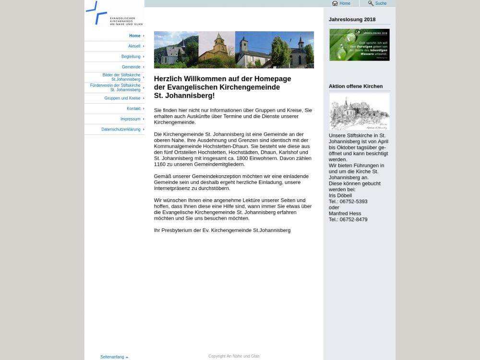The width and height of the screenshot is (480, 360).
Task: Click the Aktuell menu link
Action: [134, 46]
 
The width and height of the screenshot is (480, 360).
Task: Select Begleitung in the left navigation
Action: [131, 57]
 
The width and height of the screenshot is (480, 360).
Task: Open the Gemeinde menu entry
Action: [131, 67]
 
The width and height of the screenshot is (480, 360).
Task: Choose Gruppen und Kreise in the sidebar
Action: [122, 98]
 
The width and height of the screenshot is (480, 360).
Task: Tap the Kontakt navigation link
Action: [133, 108]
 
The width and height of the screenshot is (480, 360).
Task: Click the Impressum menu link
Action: [130, 119]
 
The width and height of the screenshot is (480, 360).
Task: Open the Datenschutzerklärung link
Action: [121, 130]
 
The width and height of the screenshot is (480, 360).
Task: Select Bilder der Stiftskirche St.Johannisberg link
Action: [121, 77]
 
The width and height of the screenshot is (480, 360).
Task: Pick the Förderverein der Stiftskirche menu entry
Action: [115, 88]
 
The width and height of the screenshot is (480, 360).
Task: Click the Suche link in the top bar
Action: [381, 3]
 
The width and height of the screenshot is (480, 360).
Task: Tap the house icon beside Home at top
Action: [335, 3]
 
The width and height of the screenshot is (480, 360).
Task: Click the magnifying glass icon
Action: [371, 3]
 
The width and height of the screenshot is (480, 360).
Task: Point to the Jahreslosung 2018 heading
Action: [352, 20]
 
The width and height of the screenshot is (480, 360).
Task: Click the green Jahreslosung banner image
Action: [359, 45]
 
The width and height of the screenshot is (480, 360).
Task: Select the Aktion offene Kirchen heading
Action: [356, 86]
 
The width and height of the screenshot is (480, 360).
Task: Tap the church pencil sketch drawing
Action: [359, 111]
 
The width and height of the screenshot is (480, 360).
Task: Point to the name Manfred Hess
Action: [345, 214]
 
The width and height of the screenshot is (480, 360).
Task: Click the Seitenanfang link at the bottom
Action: [112, 357]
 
